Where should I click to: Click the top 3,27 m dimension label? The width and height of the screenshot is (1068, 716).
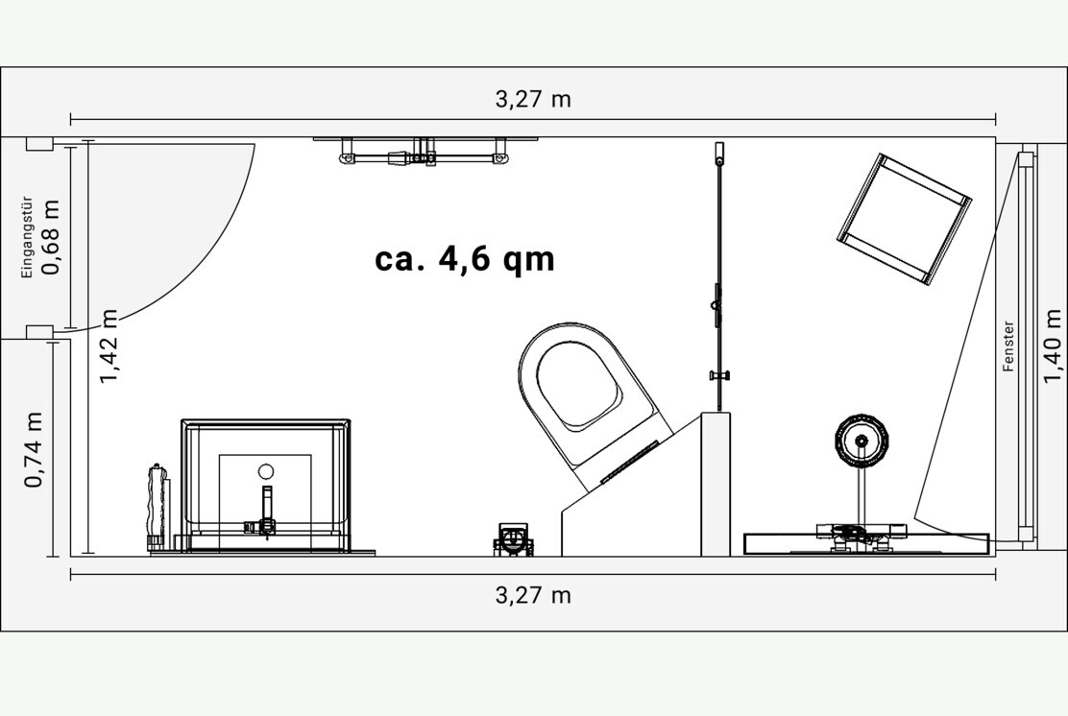pyautogui.click(x=533, y=100)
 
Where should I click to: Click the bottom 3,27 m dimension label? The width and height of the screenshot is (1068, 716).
pyautogui.click(x=533, y=595)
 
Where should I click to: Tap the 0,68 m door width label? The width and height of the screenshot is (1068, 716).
pyautogui.click(x=51, y=237)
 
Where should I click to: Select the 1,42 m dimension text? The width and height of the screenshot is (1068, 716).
pyautogui.click(x=109, y=346)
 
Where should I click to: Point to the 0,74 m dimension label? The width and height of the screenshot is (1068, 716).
pyautogui.click(x=34, y=450)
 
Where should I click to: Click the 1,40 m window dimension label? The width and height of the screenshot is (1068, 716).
pyautogui.click(x=1053, y=346)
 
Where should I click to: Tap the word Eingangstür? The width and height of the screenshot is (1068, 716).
pyautogui.click(x=27, y=237)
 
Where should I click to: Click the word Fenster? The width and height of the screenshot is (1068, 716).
pyautogui.click(x=1008, y=346)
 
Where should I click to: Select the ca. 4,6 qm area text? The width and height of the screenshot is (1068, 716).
pyautogui.click(x=465, y=259)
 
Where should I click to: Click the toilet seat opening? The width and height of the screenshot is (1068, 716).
pyautogui.click(x=577, y=382)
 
